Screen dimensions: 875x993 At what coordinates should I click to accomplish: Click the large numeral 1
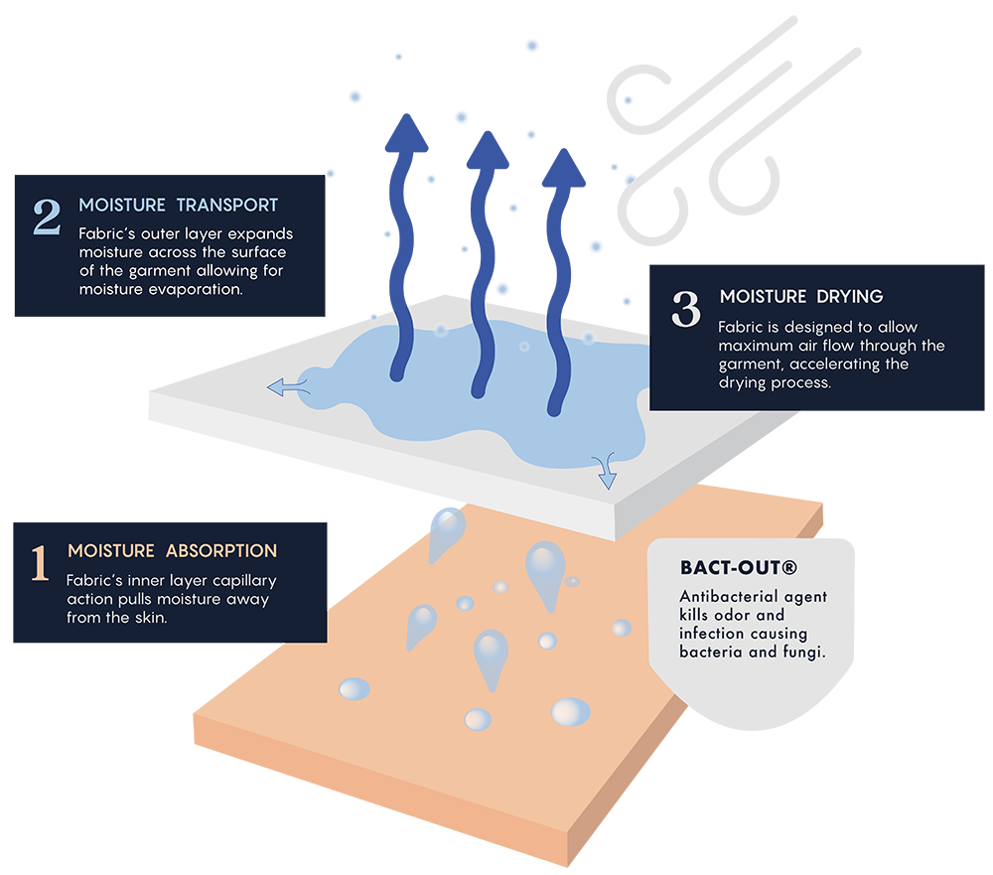[40, 562]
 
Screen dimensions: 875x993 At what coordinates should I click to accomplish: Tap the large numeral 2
[47, 218]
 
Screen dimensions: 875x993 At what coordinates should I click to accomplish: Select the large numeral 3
[686, 309]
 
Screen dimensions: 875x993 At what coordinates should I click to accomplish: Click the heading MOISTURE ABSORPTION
[172, 550]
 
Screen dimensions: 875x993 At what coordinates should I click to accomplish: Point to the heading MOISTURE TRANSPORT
[179, 206]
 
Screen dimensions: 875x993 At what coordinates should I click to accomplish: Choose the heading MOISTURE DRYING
[801, 296]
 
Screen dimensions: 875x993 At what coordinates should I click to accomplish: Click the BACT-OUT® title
[738, 568]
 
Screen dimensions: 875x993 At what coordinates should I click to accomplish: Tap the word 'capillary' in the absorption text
[242, 580]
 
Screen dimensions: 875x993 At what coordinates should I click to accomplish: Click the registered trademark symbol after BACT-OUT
[790, 568]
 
